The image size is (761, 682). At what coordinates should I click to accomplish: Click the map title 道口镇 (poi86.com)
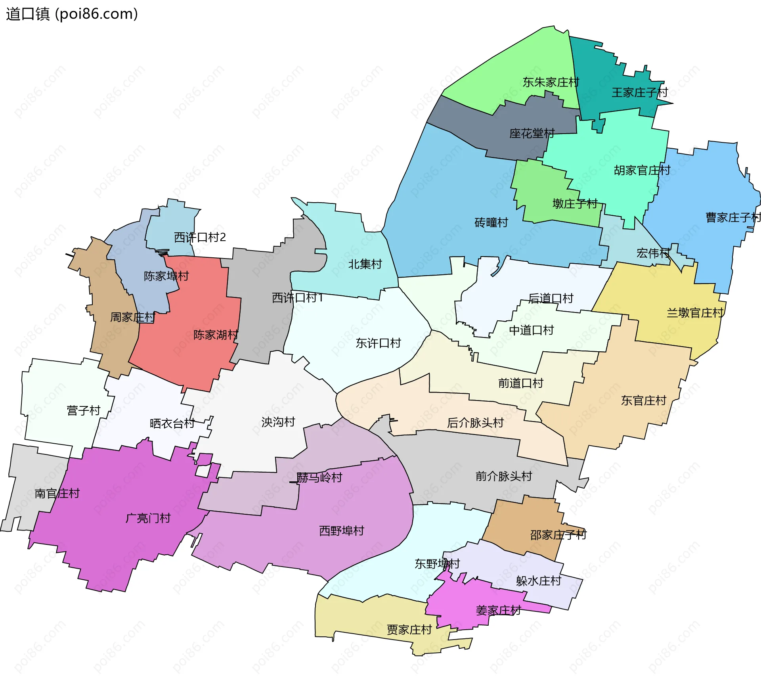72,14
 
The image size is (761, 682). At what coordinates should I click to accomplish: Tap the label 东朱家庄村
551,82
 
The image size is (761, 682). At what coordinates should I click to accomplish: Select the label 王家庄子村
640,93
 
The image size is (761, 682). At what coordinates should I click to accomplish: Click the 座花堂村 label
532,134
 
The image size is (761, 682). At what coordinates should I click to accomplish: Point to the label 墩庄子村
575,204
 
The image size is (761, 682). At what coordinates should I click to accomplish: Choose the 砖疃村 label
491,223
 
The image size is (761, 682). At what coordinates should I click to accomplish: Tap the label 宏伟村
653,253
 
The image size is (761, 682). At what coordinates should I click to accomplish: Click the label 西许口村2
200,238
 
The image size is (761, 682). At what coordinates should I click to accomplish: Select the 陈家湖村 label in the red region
216,335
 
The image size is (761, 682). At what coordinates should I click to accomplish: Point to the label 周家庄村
132,318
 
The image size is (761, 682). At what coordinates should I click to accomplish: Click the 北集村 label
365,264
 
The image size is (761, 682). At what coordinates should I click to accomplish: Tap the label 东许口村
378,343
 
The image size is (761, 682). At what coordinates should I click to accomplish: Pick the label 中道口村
531,330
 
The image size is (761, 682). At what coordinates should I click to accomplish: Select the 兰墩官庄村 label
695,313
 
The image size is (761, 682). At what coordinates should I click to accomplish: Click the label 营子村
84,411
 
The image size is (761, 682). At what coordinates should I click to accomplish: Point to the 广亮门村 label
148,518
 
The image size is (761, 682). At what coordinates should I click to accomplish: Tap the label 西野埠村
341,531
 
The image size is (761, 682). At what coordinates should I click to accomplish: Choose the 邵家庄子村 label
558,535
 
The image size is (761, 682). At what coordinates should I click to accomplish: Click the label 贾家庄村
409,630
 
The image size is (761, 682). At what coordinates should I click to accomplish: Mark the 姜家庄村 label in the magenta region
498,611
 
